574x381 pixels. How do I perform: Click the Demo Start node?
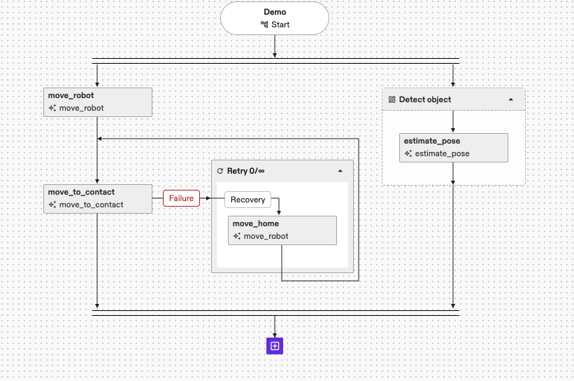[275, 18]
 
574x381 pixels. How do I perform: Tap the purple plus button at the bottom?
[275, 345]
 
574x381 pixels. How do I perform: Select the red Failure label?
[181, 199]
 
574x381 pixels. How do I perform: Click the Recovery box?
[247, 200]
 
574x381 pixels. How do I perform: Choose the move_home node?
[282, 230]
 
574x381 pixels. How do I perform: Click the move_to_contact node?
[97, 198]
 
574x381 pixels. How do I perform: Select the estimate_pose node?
[453, 147]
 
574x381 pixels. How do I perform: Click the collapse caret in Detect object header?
[510, 99]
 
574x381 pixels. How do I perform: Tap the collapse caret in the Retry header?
[340, 171]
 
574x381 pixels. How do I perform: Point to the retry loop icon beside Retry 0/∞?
[220, 171]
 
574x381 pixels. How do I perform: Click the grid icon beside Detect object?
[392, 99]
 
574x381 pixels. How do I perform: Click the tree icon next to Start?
[264, 25]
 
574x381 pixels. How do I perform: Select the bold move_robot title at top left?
[71, 95]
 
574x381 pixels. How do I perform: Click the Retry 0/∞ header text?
[245, 171]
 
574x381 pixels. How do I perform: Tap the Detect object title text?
[425, 99]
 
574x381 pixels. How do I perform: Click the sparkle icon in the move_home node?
[237, 236]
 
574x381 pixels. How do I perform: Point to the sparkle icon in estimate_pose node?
[408, 153]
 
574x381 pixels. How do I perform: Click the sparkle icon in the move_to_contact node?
[52, 205]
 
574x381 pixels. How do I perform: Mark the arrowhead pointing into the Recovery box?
[222, 200]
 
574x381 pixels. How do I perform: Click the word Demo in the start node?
[275, 12]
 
